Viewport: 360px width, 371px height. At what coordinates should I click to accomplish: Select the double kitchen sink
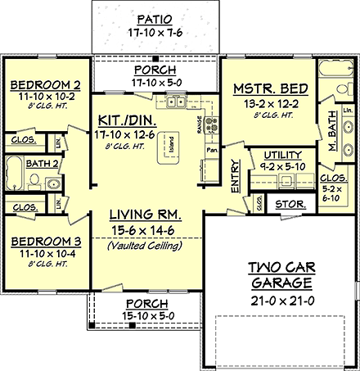[177, 102]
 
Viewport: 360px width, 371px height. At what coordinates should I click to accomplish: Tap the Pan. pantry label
[211, 151]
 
